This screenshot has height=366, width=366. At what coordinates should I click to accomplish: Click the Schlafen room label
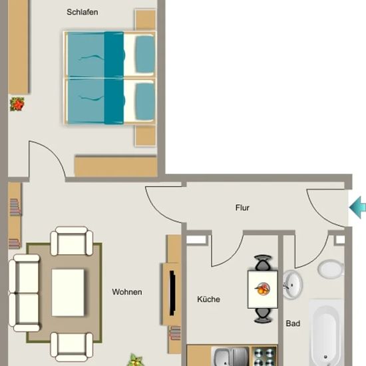(82, 12)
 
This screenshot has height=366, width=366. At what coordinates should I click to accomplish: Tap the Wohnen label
(127, 291)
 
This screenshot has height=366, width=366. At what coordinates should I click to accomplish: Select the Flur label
(242, 208)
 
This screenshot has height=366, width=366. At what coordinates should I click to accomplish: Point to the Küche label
(208, 299)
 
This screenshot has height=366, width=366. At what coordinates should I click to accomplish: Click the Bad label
(293, 323)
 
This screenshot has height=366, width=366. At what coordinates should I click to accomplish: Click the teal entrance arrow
(357, 207)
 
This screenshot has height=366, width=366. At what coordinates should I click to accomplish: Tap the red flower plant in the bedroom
(17, 104)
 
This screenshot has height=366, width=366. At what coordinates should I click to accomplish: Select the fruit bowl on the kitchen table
(263, 289)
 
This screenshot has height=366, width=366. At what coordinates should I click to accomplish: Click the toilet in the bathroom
(331, 269)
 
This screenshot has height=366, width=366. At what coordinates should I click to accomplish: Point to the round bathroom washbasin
(293, 285)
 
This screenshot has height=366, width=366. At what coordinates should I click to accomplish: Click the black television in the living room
(172, 293)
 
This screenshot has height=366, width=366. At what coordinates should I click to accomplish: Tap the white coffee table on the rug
(68, 293)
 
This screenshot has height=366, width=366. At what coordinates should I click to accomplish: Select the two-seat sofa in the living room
(24, 293)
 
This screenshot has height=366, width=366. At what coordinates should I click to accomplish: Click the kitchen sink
(230, 357)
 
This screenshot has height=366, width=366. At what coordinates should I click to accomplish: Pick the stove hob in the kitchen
(264, 357)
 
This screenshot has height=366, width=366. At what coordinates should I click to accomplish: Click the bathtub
(326, 333)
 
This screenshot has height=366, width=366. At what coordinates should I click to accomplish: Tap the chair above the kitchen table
(263, 263)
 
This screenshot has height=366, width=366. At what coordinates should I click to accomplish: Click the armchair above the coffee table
(72, 241)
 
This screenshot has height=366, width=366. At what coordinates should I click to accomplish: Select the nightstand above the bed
(145, 19)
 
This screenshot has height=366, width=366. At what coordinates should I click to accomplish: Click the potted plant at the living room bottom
(135, 360)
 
